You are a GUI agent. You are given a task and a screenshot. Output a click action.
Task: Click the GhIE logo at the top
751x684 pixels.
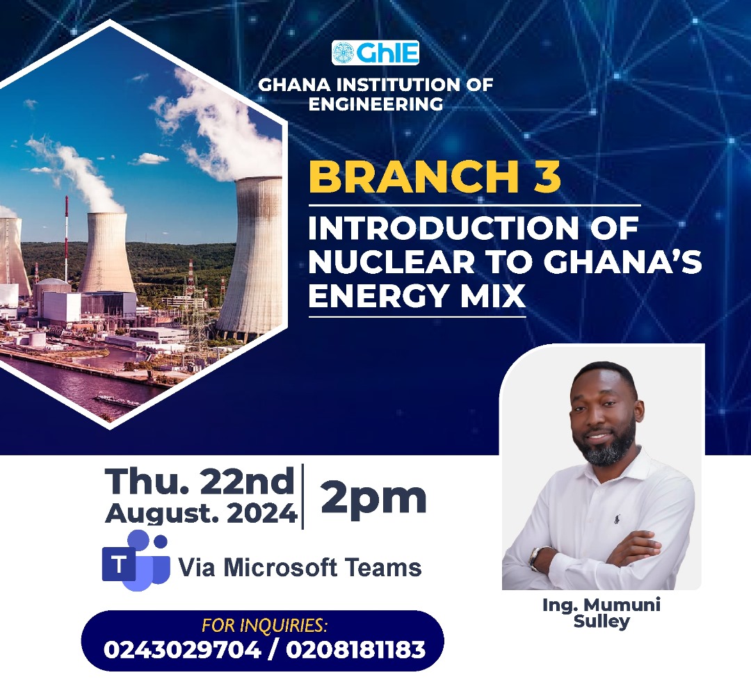point(375,53)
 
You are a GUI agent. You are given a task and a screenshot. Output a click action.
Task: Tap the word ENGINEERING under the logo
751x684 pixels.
point(375,104)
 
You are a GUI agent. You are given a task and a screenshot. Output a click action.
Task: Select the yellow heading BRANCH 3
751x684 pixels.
point(435,177)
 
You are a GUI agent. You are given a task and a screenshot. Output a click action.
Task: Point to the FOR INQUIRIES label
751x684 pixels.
point(265,626)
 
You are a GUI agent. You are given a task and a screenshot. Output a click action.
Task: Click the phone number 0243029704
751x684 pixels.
point(182,650)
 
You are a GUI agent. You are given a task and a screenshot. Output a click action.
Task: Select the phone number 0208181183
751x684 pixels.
point(356,650)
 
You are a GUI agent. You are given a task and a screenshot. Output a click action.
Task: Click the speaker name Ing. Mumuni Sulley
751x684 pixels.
point(601,613)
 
